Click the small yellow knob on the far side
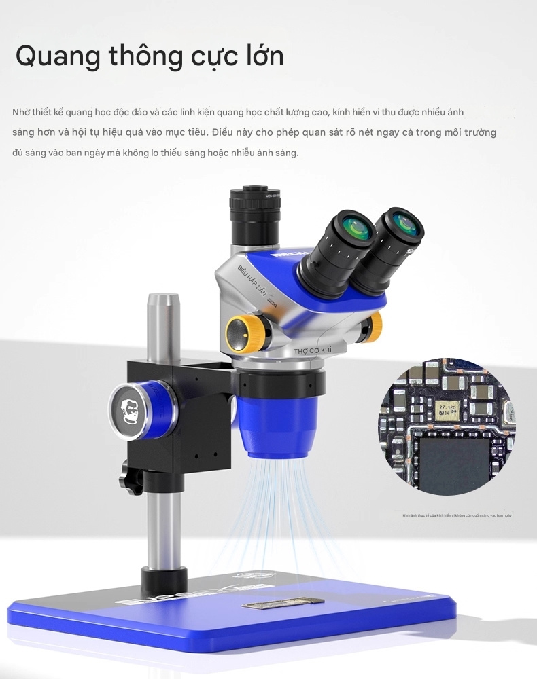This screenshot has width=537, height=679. pyautogui.click(x=373, y=327)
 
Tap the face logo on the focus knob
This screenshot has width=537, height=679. pyautogui.click(x=128, y=411)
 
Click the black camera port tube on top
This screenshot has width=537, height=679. pyautogui.click(x=255, y=214)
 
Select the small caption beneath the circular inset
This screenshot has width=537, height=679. pyautogui.click(x=457, y=516)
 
